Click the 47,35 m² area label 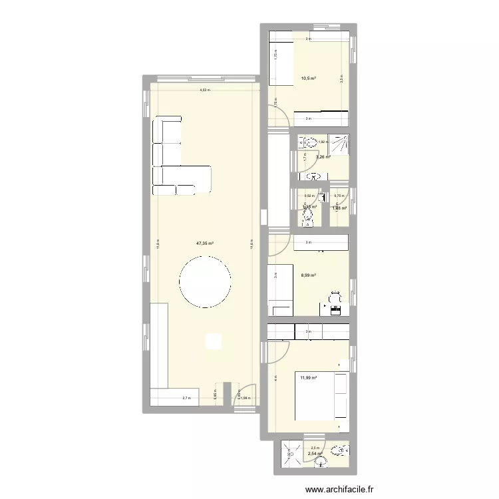pos(204,244)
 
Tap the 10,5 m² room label pos(309,79)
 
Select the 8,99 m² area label pos(308,275)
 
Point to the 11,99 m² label pos(308,378)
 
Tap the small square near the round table pos(213,341)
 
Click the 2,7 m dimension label pos(186,399)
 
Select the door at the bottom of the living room pos(246,395)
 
